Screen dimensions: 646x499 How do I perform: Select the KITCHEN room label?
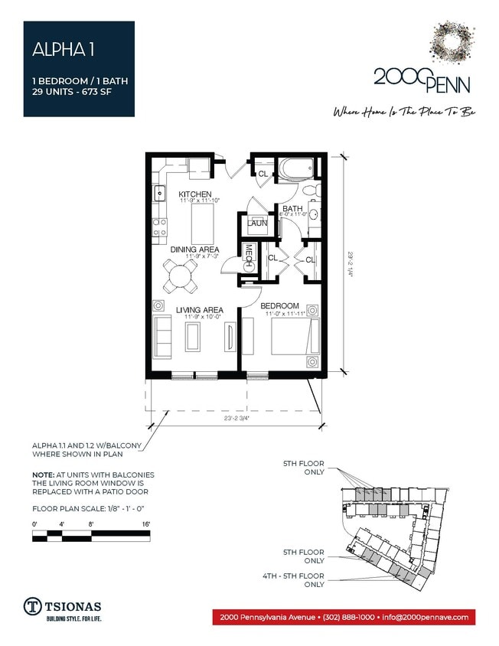(195, 194)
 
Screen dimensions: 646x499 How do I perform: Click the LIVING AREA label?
(199, 310)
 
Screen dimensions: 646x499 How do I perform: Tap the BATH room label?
(292, 209)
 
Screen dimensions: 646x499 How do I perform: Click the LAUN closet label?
(257, 223)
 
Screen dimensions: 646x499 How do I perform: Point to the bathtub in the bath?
(296, 168)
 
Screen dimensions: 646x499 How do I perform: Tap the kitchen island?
(202, 223)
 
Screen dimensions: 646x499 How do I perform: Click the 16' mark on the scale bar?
(145, 524)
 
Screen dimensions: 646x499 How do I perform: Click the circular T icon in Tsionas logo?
(32, 605)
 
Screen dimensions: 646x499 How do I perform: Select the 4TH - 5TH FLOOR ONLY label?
(303, 579)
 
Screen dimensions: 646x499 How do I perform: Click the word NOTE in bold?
(43, 475)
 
